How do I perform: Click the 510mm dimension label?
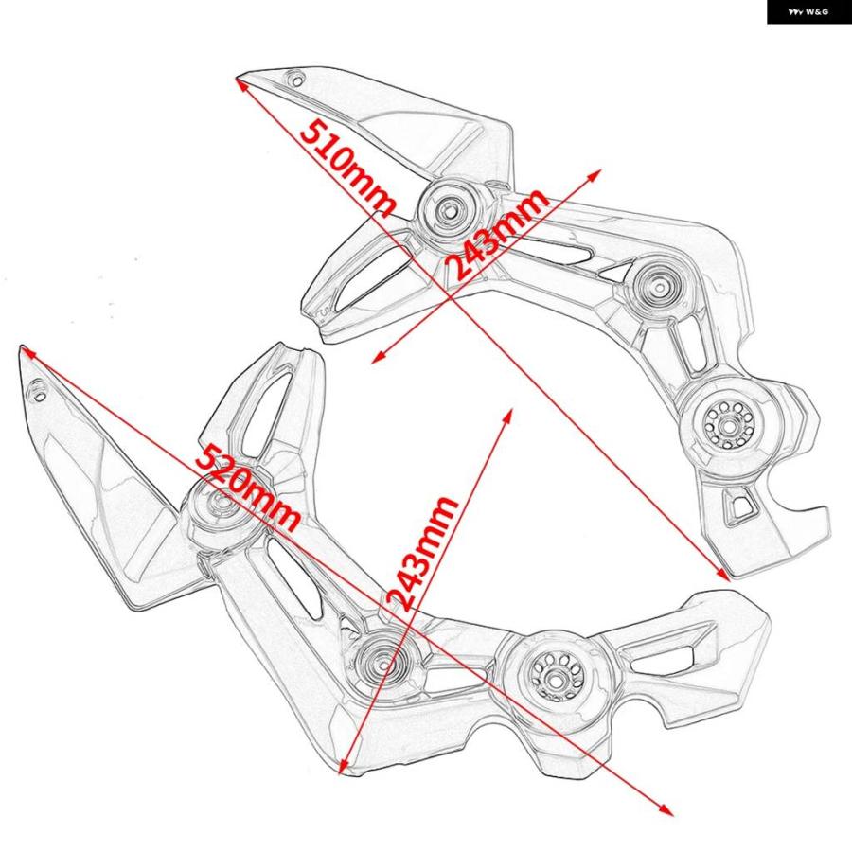tap(347, 169)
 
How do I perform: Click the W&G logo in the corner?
tap(808, 12)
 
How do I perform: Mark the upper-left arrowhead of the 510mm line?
tap(240, 83)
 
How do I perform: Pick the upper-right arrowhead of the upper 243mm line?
tap(595, 174)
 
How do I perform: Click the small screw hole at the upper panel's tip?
tap(296, 80)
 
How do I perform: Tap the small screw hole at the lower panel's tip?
tap(39, 391)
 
